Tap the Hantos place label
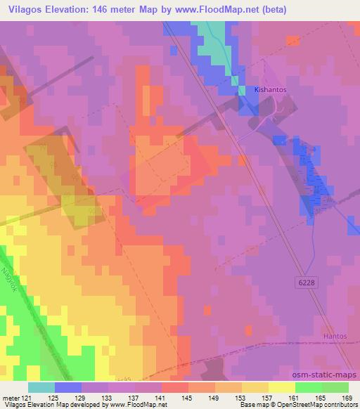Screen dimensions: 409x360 coord(335,337)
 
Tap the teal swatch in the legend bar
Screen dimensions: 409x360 coord(41,387)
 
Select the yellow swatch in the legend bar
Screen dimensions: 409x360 coord(281,387)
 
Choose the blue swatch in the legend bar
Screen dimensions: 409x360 coord(67,387)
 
